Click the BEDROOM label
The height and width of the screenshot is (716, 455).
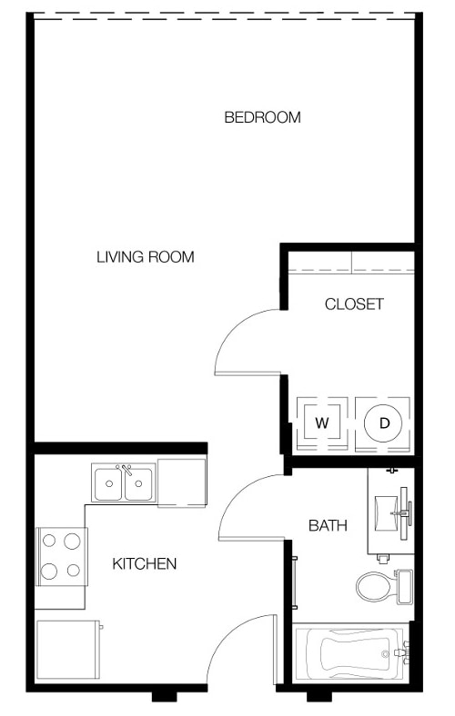pos(262,117)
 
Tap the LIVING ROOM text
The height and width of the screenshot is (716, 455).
pos(146,257)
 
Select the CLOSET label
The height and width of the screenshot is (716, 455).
pos(354,304)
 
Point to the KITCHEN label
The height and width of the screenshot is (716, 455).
pos(144,564)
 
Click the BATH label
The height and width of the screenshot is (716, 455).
pos(328,525)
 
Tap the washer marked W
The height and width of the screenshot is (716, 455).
pos(321,423)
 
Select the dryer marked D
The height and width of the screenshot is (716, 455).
pos(384,423)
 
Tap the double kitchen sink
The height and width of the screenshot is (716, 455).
pos(123,482)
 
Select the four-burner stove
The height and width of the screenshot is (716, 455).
pos(60,556)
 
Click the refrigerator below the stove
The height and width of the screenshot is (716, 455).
pos(67,651)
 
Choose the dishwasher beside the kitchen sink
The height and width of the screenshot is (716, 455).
pos(181,481)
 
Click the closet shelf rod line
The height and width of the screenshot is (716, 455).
pos(350,272)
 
